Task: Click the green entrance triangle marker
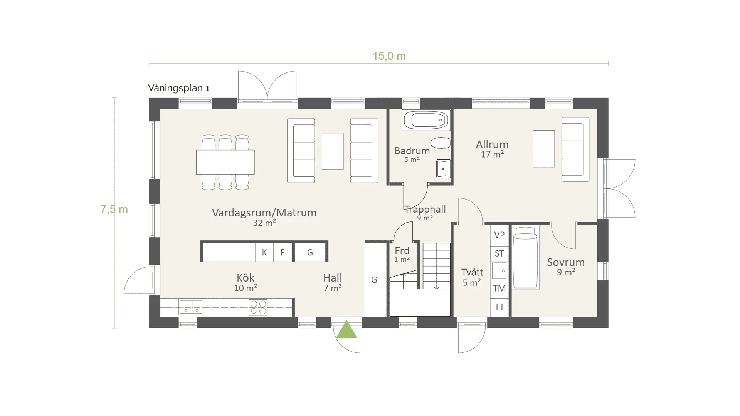[x=346, y=330]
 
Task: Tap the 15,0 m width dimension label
[x=389, y=56]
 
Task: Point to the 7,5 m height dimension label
[x=114, y=209]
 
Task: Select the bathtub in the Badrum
[x=426, y=120]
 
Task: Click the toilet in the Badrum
[x=441, y=143]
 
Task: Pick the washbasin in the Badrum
[x=443, y=169]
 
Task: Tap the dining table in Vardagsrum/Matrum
[x=225, y=162]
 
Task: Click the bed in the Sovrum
[x=525, y=257]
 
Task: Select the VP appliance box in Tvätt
[x=499, y=235]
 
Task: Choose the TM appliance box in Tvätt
[x=499, y=288]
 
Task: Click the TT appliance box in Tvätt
[x=499, y=307]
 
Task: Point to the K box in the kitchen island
[x=264, y=252]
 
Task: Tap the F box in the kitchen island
[x=283, y=252]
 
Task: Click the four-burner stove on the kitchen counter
[x=258, y=307]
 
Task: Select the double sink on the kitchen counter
[x=191, y=307]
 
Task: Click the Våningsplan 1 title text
[x=179, y=88]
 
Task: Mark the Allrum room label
[x=492, y=144]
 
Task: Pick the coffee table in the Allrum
[x=544, y=149]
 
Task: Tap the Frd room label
[x=402, y=250]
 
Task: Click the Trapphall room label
[x=425, y=210]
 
